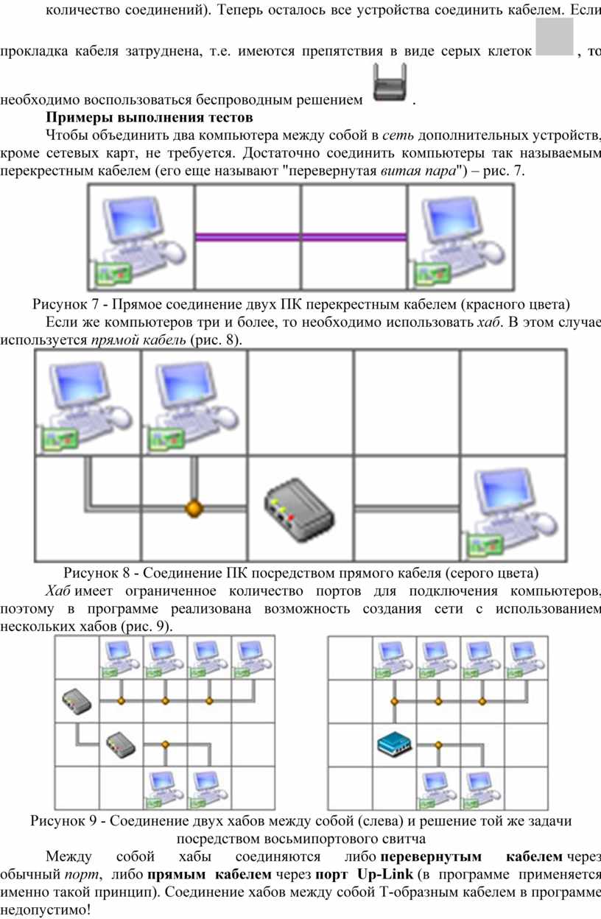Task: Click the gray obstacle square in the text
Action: coord(555,37)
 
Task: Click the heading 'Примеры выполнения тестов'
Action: coord(150,117)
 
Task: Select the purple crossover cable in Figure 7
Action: coord(300,237)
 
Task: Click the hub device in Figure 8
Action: coord(299,509)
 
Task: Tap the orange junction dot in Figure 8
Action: coord(194,509)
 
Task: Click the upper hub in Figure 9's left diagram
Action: coord(77,701)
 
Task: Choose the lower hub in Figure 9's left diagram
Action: coord(121,744)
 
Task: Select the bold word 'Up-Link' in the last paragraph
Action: coord(384,875)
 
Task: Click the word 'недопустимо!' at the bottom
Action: coord(45,909)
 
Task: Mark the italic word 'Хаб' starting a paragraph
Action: coord(58,591)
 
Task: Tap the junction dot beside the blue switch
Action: coord(438,744)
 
